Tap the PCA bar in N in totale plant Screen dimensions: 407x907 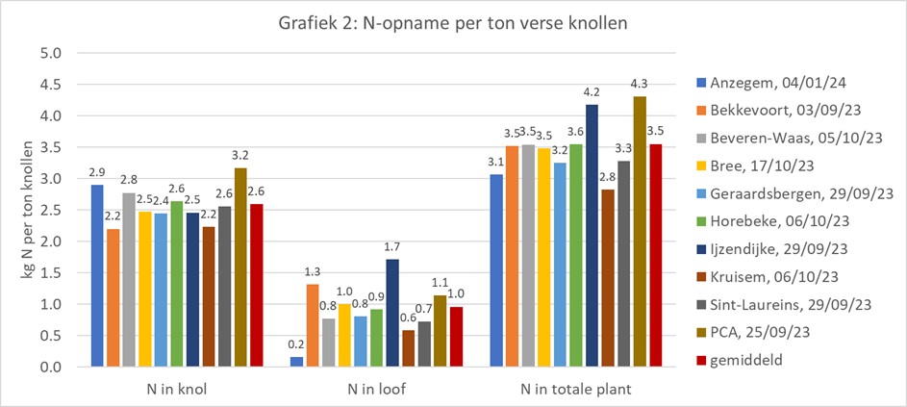coord(641,232)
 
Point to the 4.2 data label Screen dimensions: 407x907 coord(592,92)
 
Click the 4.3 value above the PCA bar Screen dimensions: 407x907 coord(641,86)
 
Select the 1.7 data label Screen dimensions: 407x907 coord(392,248)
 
